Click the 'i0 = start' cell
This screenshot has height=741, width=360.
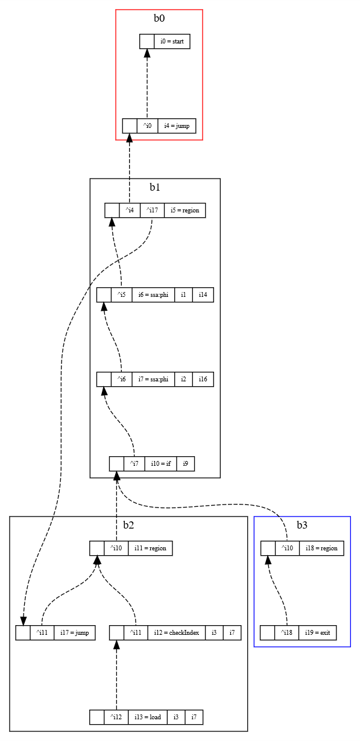point(172,42)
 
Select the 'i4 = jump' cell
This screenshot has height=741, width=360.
point(177,126)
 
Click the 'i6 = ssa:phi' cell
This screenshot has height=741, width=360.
point(153,295)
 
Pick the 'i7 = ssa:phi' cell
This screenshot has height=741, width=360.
point(153,380)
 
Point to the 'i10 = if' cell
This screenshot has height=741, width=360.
point(160,464)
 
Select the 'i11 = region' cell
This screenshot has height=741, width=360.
point(150,549)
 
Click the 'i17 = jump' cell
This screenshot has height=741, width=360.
point(74,633)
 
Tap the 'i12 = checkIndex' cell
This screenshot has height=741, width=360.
point(175,633)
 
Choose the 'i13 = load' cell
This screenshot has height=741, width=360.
point(147,717)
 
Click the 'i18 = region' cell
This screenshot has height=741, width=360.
point(321,549)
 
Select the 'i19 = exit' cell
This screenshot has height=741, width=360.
point(317,633)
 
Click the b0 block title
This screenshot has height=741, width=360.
point(159,18)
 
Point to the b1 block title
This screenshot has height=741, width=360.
point(155,187)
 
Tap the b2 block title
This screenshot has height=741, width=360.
point(128,525)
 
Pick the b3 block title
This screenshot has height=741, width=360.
point(302,525)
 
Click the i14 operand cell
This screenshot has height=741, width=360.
point(203,295)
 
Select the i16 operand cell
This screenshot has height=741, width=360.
point(203,380)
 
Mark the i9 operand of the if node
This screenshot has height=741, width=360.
point(185,464)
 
